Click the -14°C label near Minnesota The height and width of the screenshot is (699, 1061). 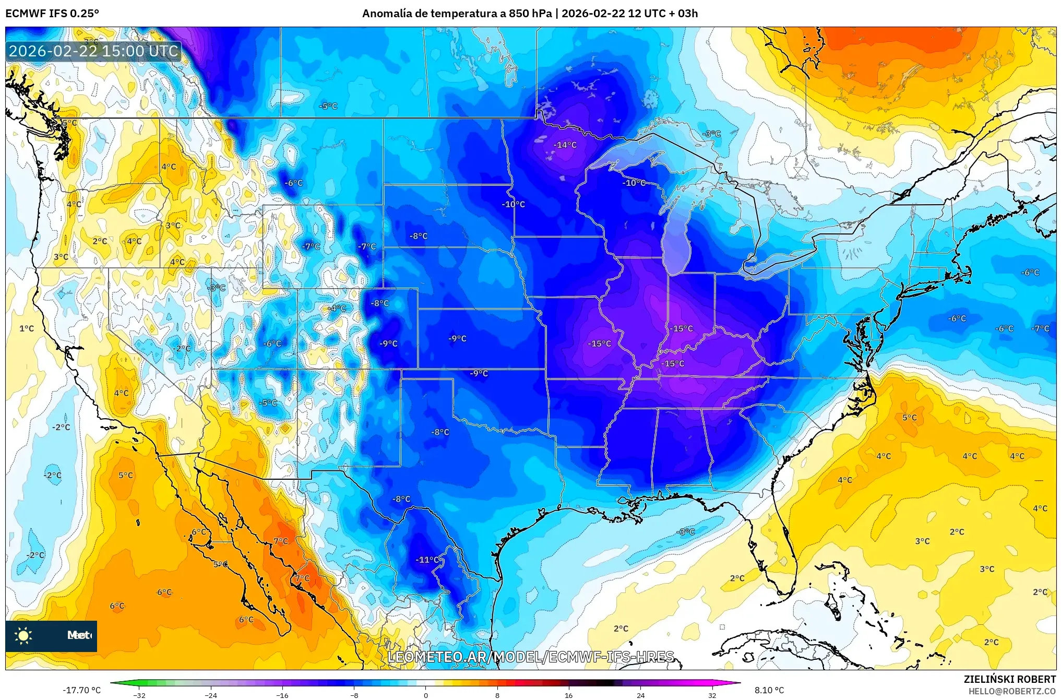565,145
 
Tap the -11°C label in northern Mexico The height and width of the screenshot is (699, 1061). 427,560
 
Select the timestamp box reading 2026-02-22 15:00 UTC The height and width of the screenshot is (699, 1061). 94,51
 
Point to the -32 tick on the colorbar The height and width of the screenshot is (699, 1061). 139,695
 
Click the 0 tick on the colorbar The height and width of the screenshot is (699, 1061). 425,695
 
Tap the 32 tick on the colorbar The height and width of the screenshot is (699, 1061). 712,695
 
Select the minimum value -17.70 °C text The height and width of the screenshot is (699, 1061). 82,690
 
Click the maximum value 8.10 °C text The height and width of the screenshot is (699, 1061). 769,690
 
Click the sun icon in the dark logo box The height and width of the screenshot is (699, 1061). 23,635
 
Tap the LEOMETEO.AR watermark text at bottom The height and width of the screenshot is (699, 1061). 531,657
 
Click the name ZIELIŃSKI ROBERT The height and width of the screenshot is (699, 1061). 1009,679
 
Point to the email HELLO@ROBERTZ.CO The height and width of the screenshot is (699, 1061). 1012,691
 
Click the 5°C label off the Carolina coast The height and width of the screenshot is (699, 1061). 909,418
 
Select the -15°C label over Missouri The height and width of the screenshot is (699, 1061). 599,343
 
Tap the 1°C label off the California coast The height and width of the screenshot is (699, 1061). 27,328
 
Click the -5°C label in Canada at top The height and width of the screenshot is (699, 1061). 328,106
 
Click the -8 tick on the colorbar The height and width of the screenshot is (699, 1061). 354,695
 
